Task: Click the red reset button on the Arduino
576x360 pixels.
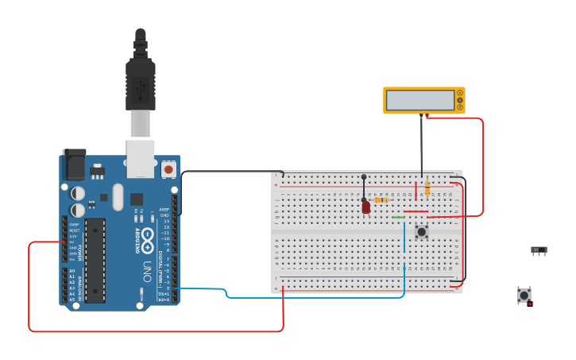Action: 168,169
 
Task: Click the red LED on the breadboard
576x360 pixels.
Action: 365,207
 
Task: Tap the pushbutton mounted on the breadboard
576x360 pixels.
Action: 421,232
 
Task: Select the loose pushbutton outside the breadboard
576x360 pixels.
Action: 524,295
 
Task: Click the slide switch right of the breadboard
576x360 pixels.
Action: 539,250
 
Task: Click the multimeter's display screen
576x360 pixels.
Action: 419,100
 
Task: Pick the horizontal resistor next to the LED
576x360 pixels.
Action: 381,200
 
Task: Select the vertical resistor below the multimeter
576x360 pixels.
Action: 427,188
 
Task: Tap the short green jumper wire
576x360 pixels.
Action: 398,217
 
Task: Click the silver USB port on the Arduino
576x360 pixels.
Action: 141,158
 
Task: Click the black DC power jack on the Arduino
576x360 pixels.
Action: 74,165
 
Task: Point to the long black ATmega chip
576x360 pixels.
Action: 95,260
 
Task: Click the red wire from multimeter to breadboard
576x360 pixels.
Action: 481,167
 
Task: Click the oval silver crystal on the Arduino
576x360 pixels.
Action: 118,196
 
